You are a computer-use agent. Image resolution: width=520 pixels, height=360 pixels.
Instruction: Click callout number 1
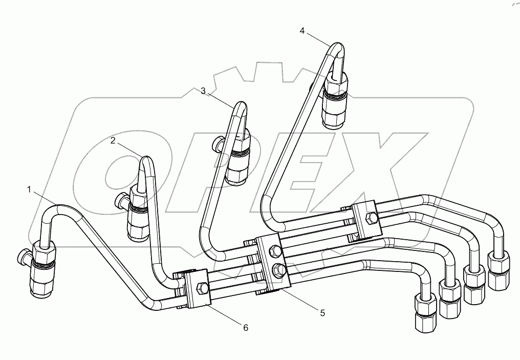point(30,189)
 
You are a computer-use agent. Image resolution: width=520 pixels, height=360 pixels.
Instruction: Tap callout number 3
point(203,91)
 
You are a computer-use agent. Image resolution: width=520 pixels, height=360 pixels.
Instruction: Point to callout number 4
point(302,31)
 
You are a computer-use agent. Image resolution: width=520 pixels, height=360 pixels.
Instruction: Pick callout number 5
point(322,312)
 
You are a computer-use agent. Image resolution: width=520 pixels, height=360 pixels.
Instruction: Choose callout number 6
point(246,328)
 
